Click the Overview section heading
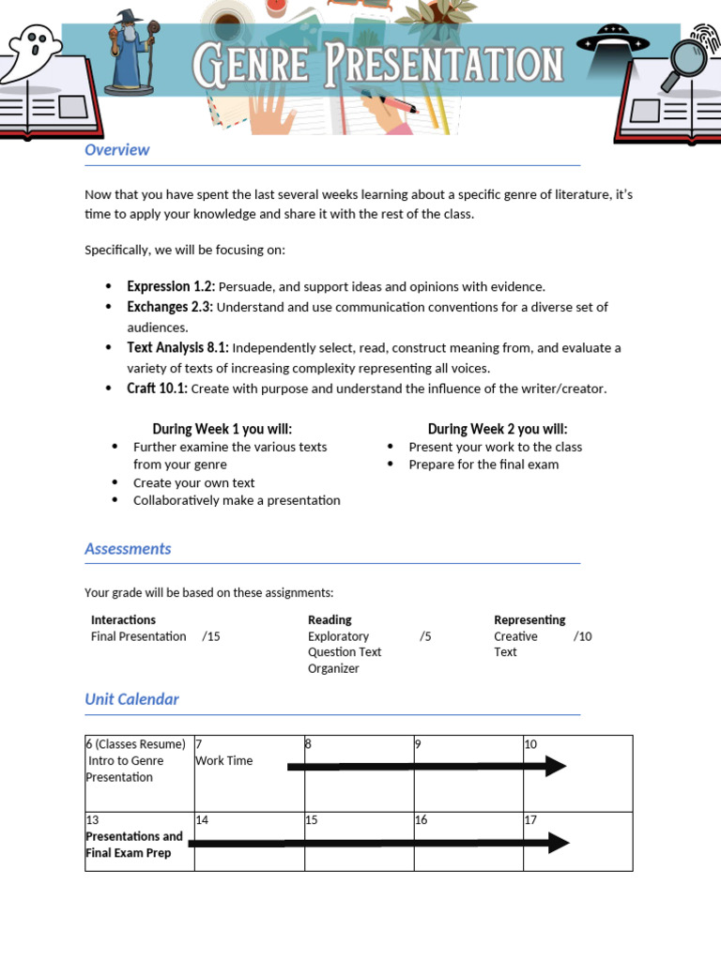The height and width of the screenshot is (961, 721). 116,150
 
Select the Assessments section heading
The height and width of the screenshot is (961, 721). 128,549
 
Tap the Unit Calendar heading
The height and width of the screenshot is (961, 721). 131,699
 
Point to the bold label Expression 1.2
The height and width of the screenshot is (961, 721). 171,286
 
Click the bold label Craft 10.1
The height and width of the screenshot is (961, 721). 157,389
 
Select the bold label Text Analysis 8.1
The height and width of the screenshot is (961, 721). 178,347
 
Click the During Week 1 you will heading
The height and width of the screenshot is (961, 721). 222,429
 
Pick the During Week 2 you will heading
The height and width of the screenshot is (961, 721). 498,429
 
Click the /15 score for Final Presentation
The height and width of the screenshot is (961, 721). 211,636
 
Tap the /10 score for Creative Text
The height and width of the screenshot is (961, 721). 583,636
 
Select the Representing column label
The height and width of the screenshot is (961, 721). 529,619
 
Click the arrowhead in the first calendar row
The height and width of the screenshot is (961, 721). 555,767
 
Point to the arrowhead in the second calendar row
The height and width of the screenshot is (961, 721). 558,843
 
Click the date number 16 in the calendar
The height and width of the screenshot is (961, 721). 421,820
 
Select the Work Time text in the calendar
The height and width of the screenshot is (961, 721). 223,761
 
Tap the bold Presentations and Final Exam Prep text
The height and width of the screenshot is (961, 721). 133,845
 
